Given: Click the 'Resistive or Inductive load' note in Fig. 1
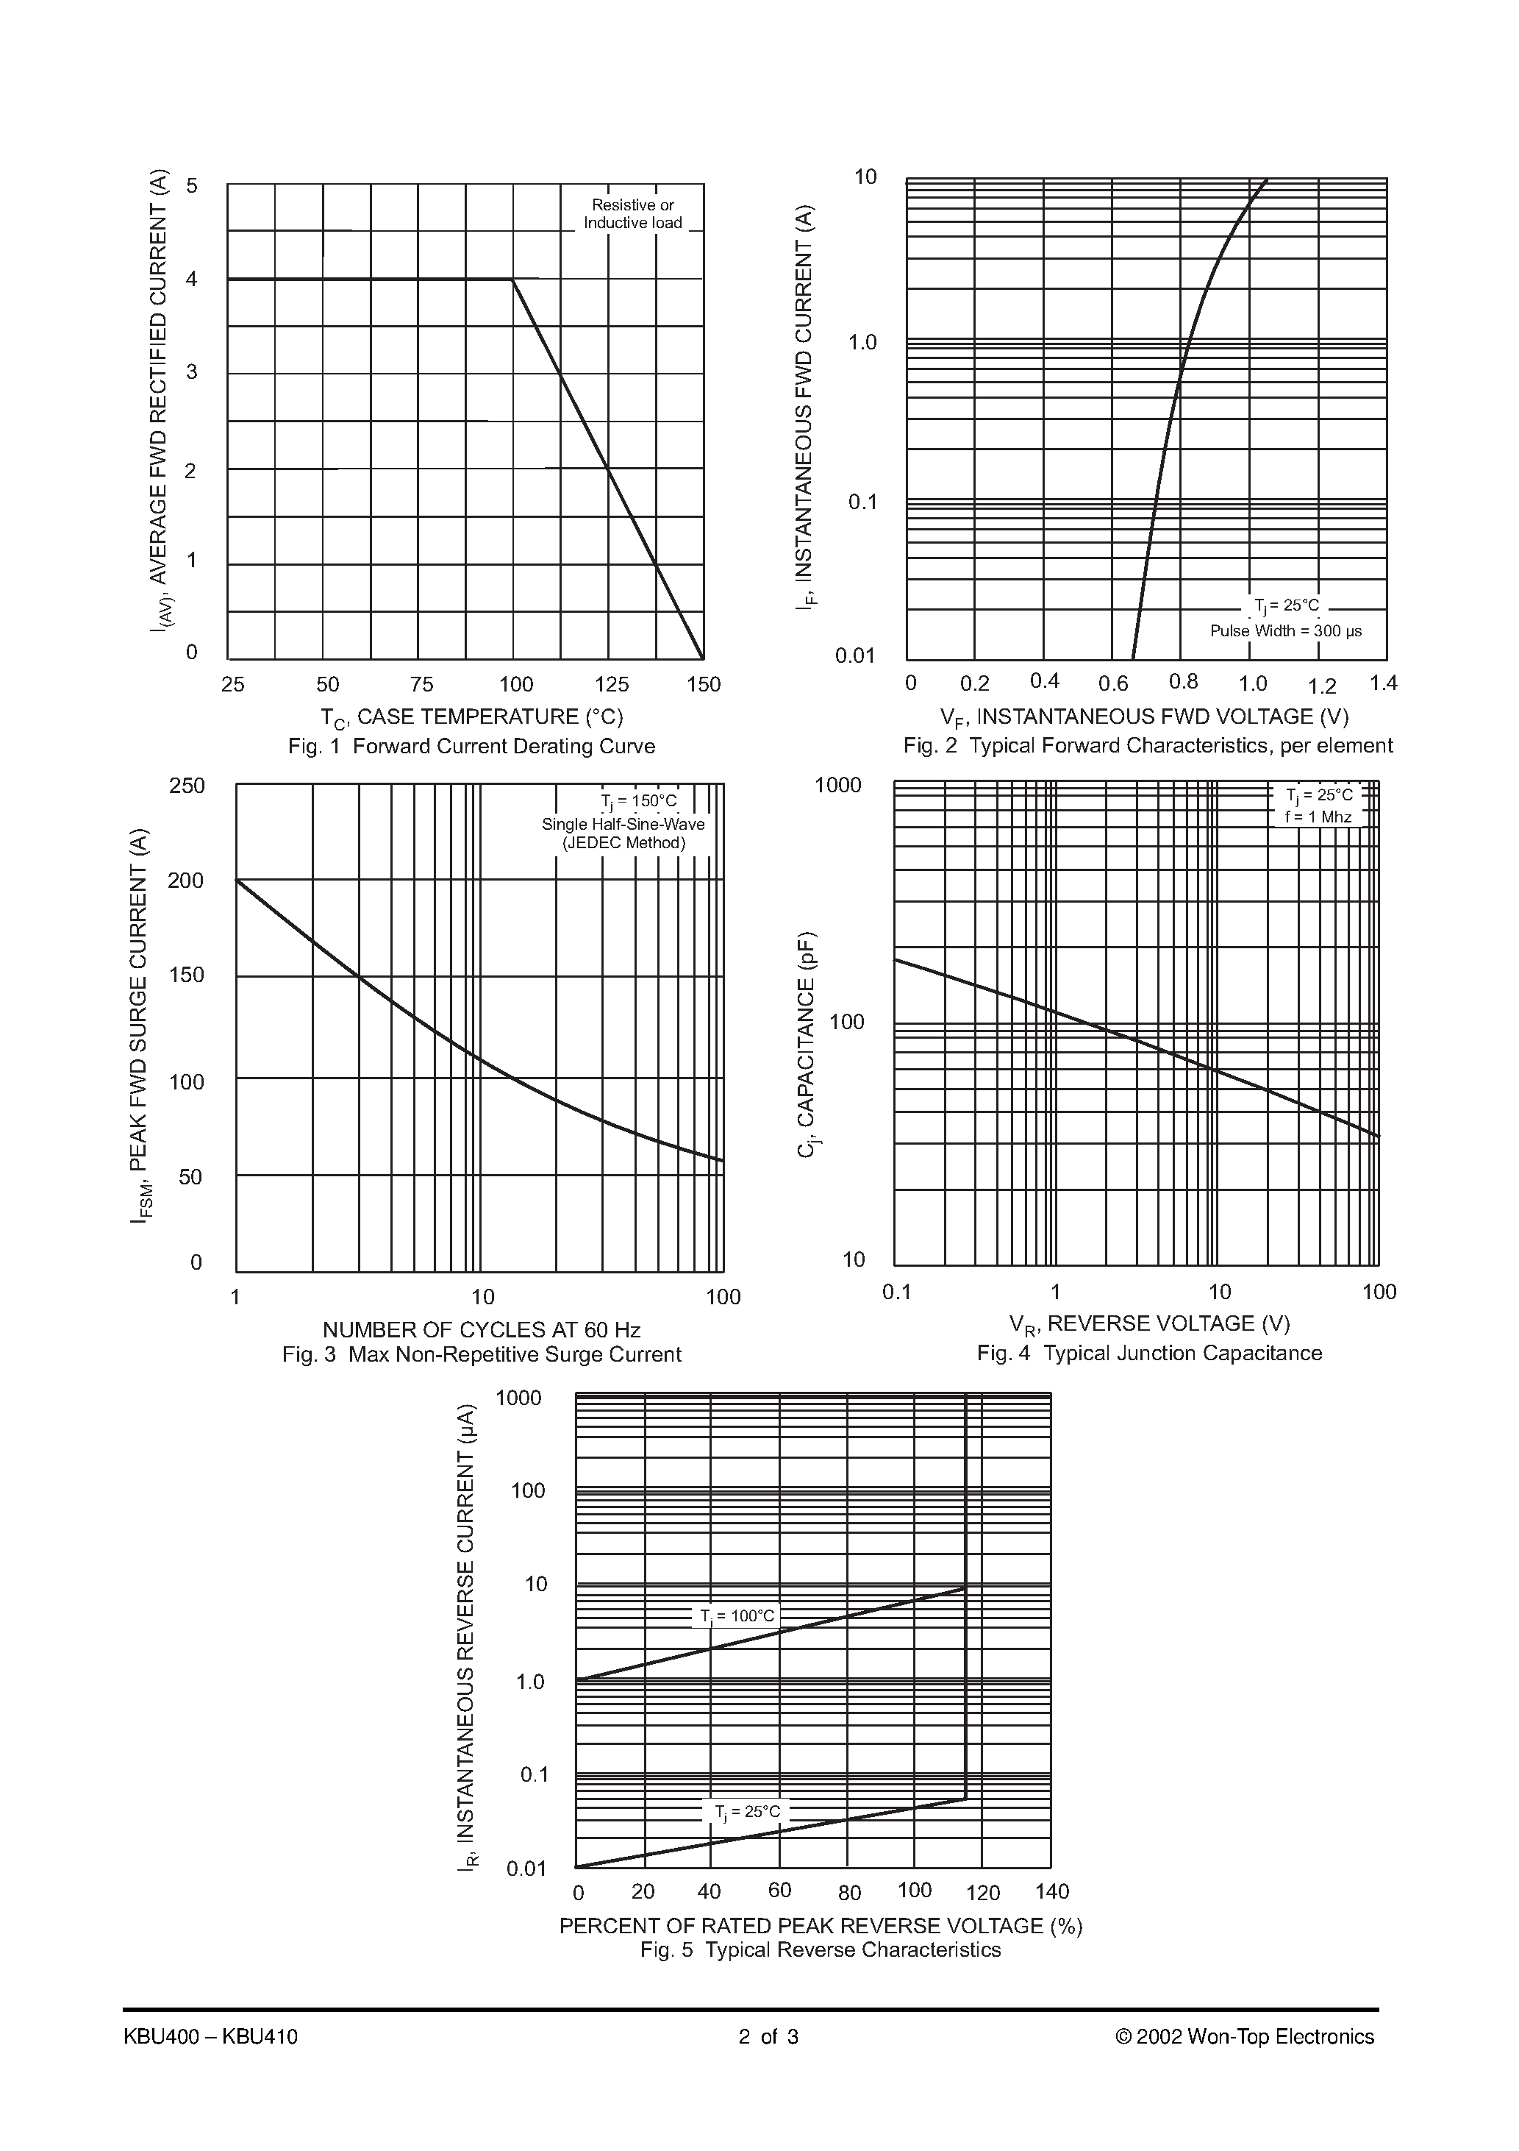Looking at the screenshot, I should tap(632, 213).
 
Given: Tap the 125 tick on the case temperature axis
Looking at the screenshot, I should tap(612, 685).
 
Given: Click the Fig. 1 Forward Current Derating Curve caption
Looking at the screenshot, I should tap(471, 747).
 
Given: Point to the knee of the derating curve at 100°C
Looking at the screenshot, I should tap(513, 280).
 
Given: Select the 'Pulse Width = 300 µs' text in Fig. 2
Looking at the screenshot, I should tap(1285, 630).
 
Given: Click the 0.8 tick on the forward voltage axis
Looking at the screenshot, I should tap(1184, 682).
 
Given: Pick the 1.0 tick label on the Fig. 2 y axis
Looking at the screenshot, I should tap(862, 343).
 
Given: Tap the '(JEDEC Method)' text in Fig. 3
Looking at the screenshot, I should tap(623, 842).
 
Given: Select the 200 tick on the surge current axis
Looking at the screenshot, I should tap(185, 881).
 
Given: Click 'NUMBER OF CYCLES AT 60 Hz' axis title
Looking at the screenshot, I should tap(482, 1329).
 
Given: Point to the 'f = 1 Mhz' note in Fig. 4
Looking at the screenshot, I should tap(1318, 817).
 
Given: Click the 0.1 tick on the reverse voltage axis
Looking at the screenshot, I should tap(896, 1293).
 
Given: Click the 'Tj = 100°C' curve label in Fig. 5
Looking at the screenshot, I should tap(738, 1616).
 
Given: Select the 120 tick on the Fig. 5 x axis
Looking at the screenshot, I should tap(982, 1893).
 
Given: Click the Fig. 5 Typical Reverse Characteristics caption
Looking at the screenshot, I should tap(821, 1949).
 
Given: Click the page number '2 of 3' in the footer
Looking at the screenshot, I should tap(768, 2037).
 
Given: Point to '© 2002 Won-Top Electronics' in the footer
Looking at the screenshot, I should tap(1245, 2037).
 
